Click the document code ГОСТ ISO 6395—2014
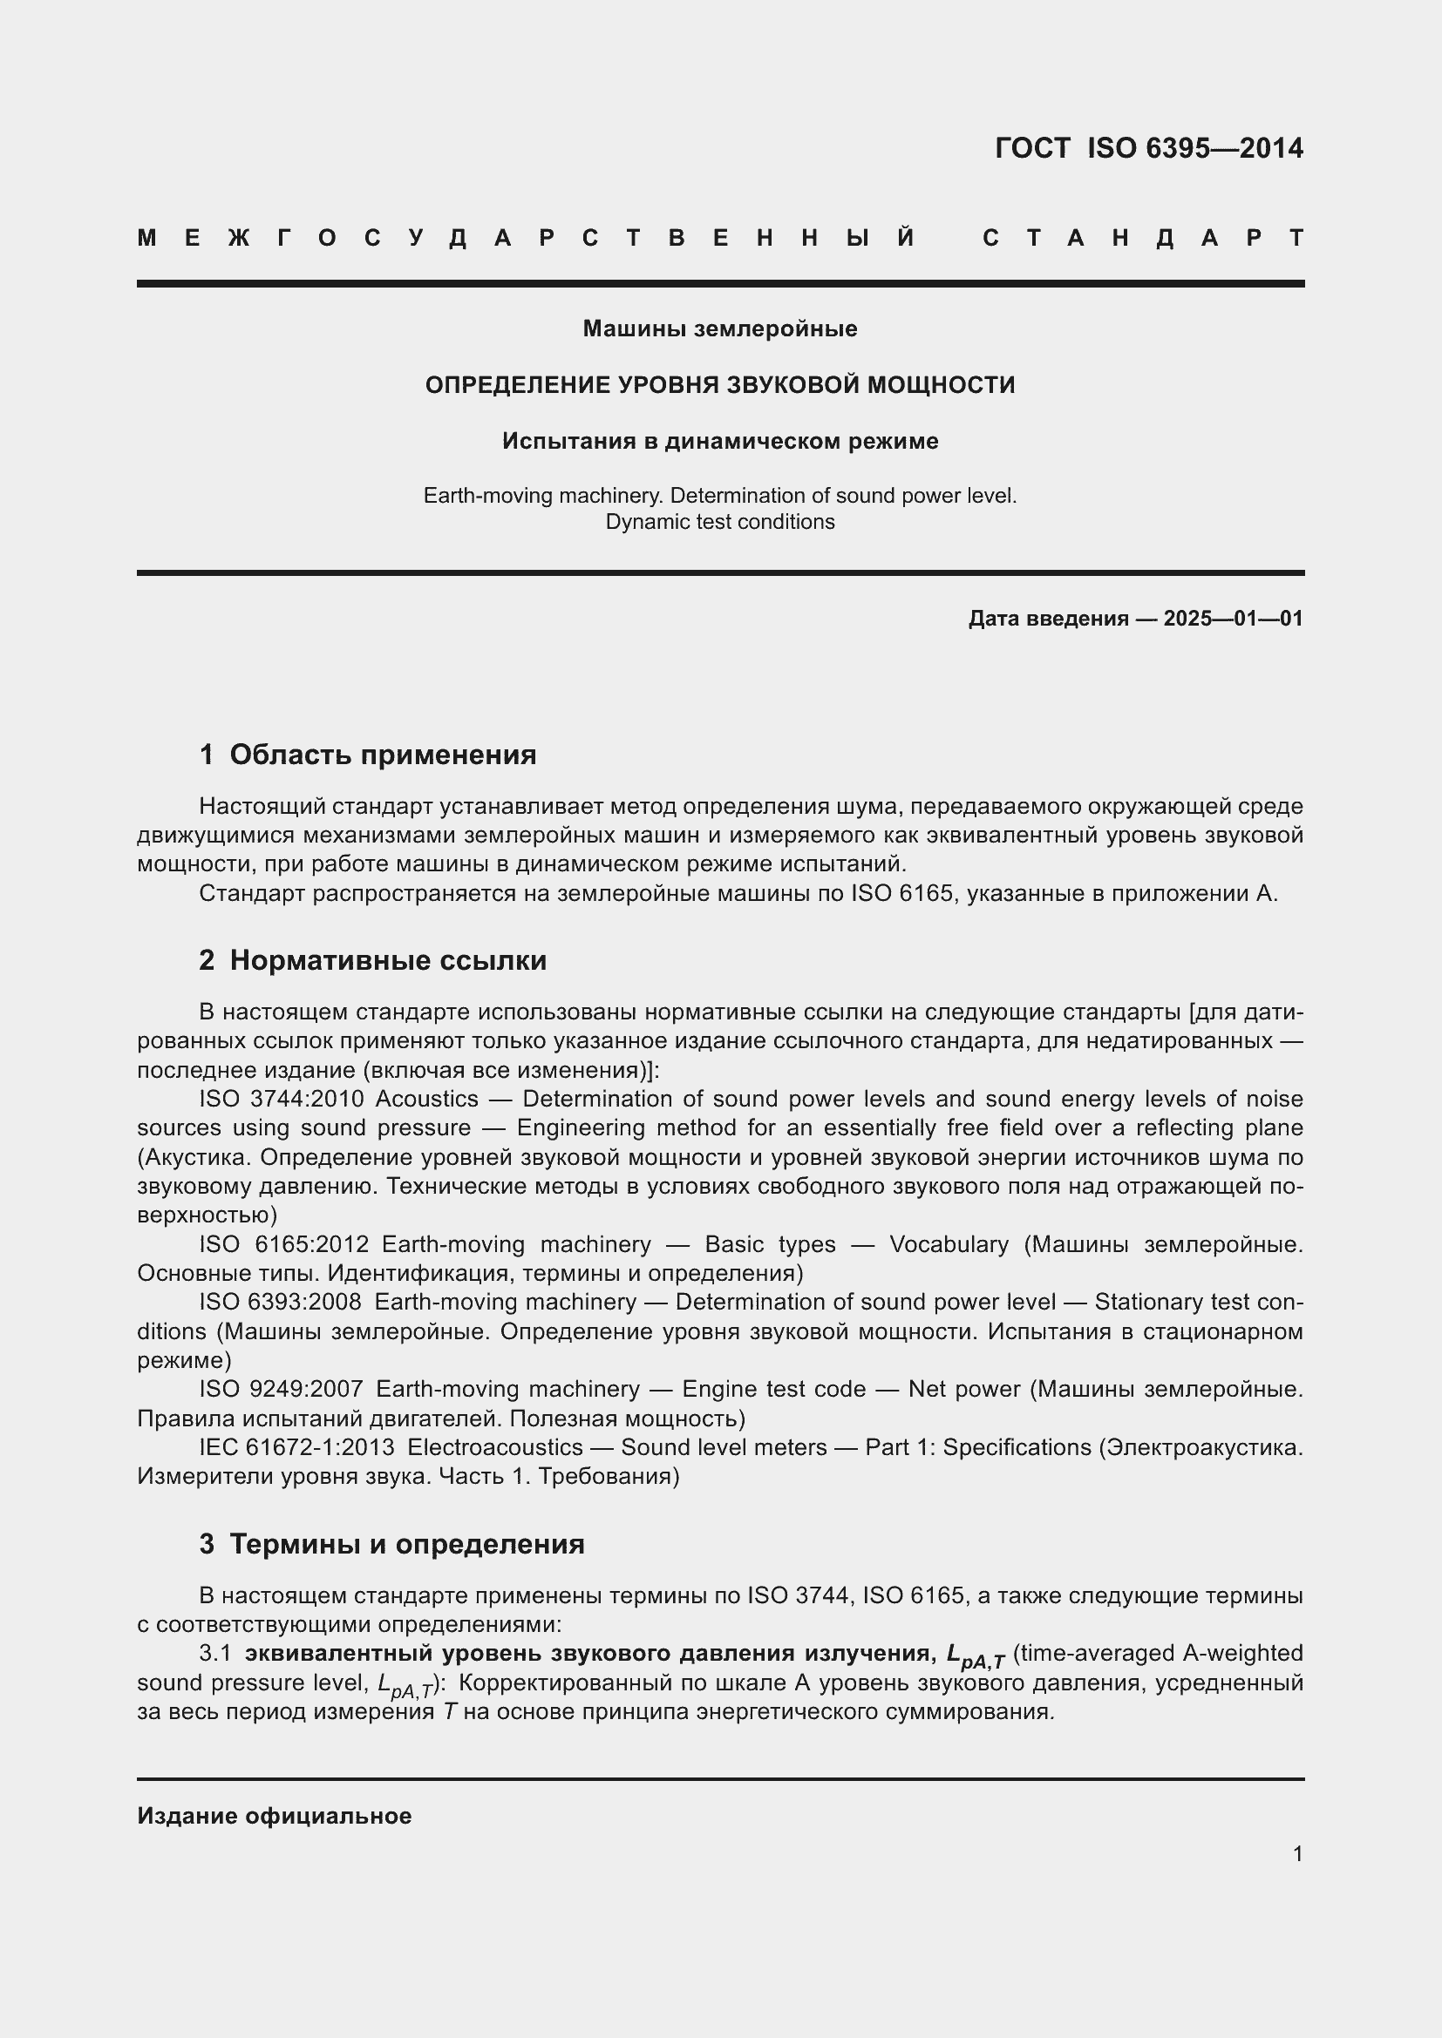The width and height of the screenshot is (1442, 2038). click(1148, 148)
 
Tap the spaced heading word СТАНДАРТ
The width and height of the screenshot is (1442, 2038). click(1143, 238)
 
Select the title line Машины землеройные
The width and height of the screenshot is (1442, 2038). click(720, 328)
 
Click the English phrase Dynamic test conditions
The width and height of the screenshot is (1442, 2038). click(720, 522)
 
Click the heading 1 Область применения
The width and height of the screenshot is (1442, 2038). click(368, 755)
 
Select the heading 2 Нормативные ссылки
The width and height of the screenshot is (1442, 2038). click(373, 960)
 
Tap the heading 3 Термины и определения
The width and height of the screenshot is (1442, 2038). click(391, 1545)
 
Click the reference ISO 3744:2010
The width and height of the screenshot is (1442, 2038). click(281, 1099)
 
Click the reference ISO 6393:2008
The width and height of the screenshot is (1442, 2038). click(280, 1302)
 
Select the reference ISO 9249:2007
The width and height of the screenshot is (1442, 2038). click(281, 1389)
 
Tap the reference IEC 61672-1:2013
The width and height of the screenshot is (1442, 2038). click(296, 1448)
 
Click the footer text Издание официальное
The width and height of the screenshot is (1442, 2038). click(275, 1816)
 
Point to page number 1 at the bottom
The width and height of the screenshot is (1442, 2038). click(1297, 1853)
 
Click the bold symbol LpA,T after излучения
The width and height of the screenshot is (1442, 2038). click(975, 1656)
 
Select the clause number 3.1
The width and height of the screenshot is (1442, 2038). click(214, 1653)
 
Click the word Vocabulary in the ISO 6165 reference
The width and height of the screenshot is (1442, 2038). click(949, 1244)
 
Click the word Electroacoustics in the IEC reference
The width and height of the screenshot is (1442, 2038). click(494, 1448)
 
